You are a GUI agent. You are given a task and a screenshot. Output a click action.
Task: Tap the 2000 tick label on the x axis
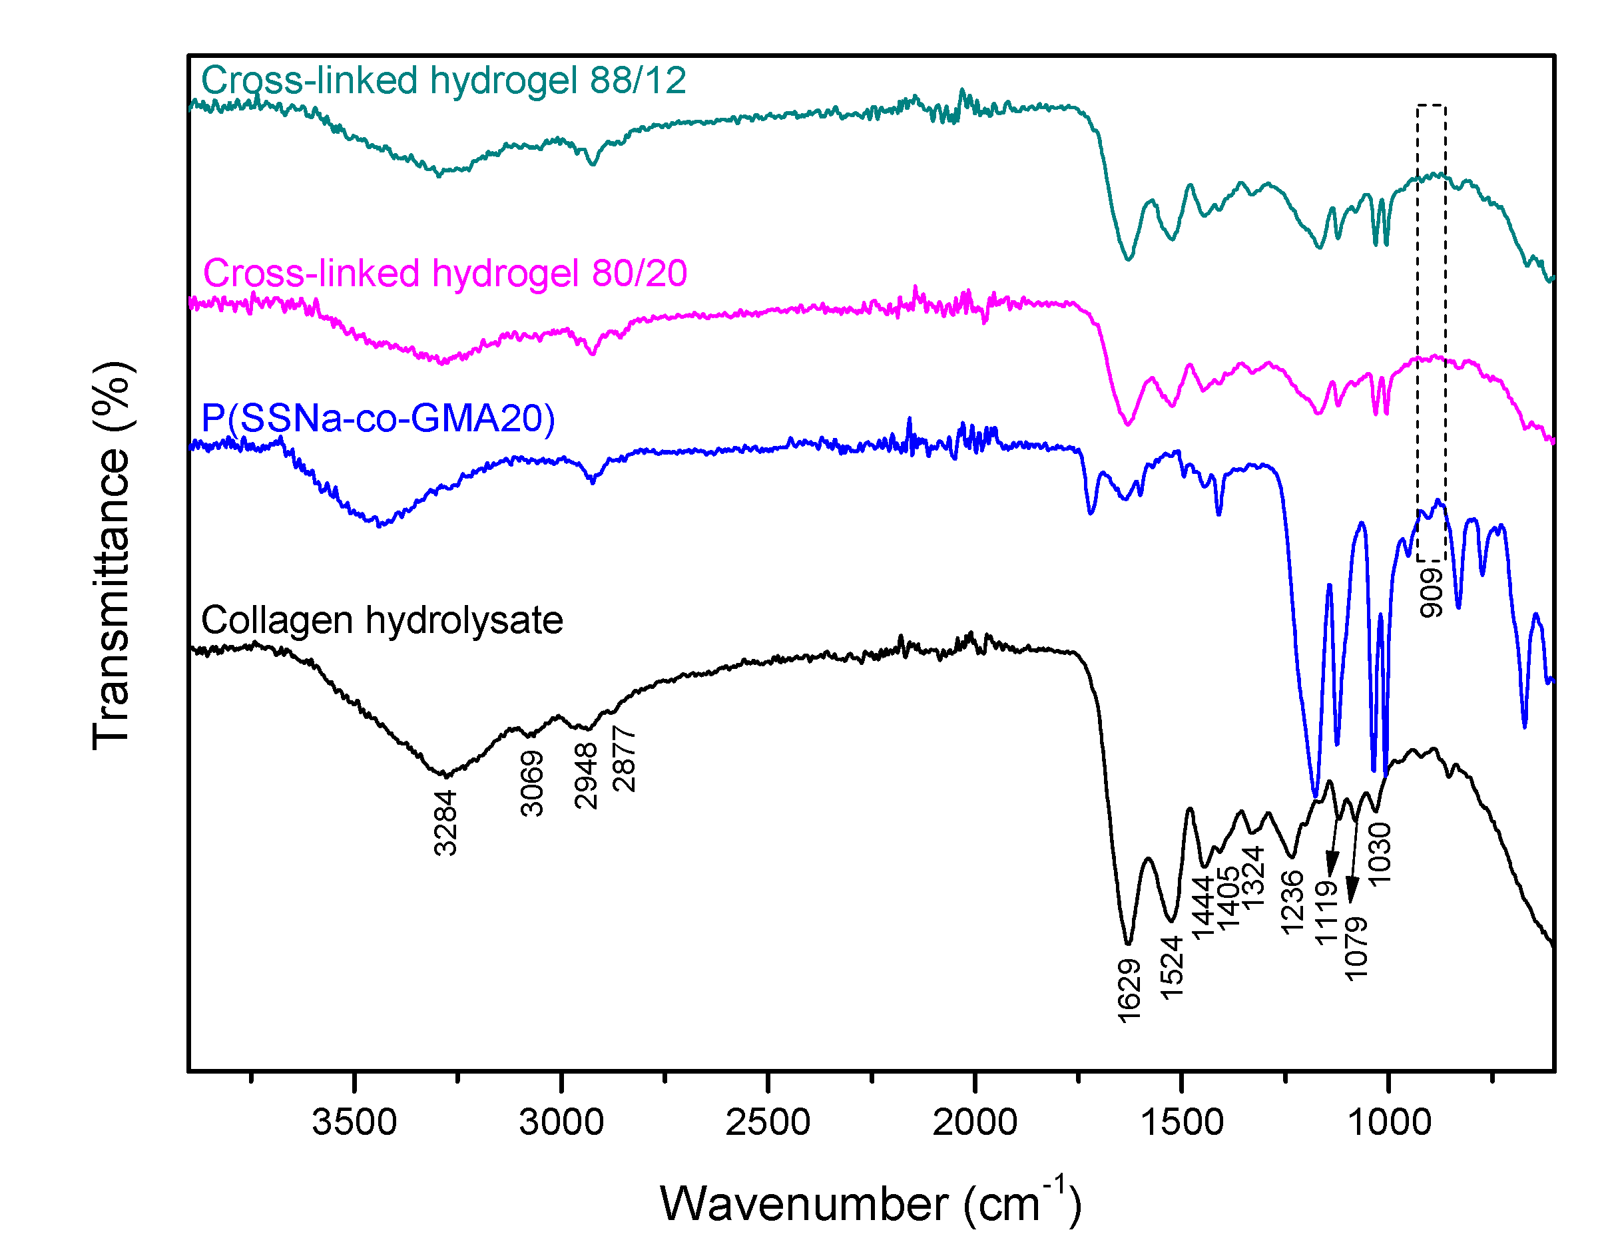coord(975,1122)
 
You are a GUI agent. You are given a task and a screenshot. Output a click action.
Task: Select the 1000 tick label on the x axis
coord(1389,1122)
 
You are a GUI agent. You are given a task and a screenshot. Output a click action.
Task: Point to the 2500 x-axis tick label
coord(768,1122)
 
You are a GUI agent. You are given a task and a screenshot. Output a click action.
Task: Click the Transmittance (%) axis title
coord(112,556)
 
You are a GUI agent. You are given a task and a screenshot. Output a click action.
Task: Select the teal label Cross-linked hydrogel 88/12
coord(443,81)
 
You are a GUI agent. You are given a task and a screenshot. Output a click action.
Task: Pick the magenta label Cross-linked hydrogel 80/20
coord(445,274)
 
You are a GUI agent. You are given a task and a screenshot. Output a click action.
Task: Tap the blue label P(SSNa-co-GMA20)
coord(378,418)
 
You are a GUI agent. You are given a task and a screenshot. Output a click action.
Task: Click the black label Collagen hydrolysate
coord(382,620)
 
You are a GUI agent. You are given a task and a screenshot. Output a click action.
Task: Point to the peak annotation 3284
coord(445,823)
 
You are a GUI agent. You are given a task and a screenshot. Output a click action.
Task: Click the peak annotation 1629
coord(1129,990)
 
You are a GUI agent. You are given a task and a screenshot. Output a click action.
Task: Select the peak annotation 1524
coord(1171,968)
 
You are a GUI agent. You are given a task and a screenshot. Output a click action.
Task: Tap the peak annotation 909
coord(1431,592)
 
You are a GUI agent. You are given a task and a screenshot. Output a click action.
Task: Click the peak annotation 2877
coord(624,759)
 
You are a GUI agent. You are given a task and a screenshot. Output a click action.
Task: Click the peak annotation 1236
coord(1292,902)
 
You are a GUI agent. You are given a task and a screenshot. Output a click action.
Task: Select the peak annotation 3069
coord(531,783)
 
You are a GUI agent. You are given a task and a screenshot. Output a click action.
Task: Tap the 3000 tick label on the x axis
coord(561,1122)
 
